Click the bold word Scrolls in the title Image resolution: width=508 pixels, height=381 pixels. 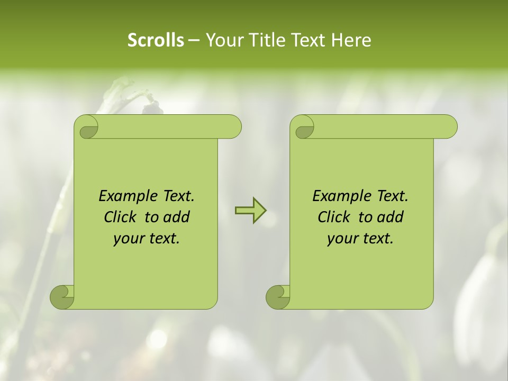(156, 40)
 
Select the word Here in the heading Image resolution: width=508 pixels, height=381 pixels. (351, 40)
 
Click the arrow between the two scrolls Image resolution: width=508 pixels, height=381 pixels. (250, 211)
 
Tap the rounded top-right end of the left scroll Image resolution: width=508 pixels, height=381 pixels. (233, 126)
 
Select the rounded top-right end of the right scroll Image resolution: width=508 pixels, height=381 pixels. (449, 126)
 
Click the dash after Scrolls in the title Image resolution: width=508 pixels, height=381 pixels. (194, 40)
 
